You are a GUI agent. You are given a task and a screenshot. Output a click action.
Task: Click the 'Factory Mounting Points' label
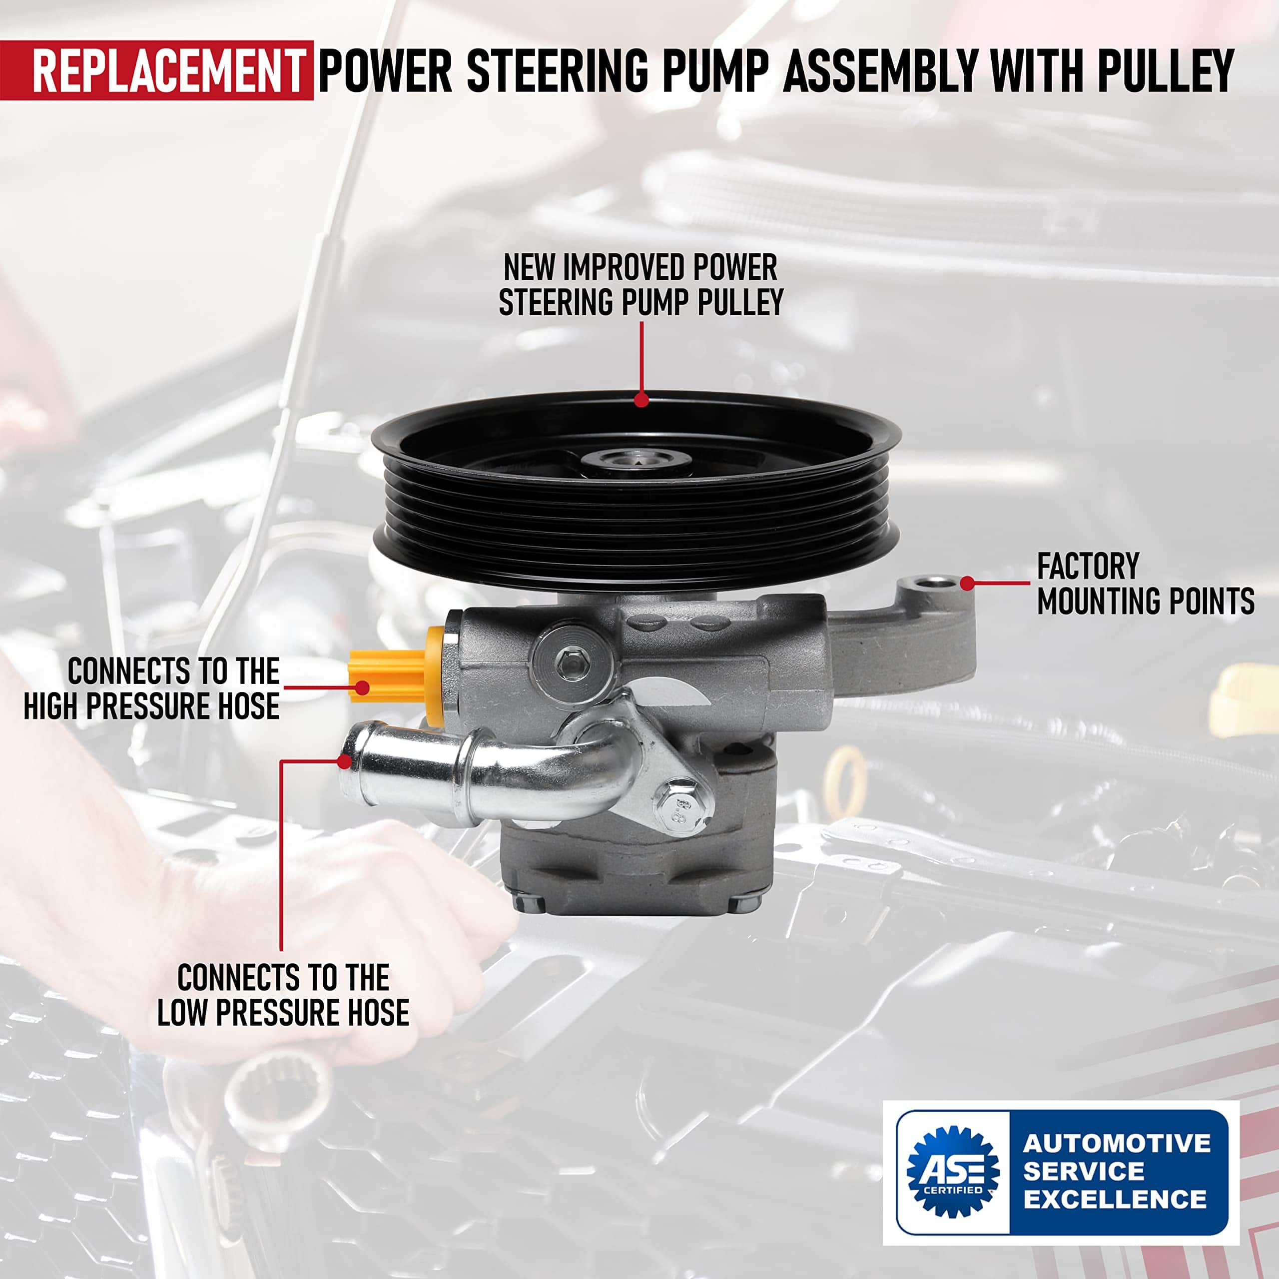tap(1145, 584)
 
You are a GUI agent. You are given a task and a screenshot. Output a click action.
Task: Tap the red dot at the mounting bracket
tap(967, 583)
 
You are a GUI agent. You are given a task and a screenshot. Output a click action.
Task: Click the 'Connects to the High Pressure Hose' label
tap(151, 688)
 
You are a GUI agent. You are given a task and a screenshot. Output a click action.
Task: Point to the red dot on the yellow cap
tap(361, 688)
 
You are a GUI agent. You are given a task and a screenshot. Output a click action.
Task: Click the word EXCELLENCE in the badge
tap(1116, 1199)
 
